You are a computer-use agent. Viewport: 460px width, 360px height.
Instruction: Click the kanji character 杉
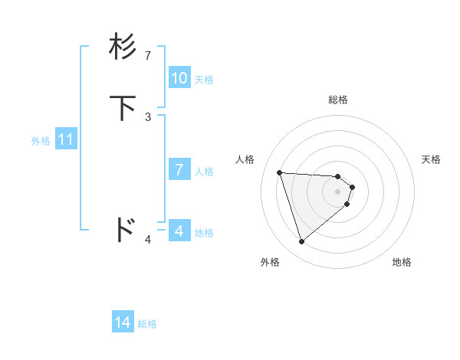pyautogui.click(x=123, y=47)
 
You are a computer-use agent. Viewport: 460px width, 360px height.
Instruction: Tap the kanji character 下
pyautogui.click(x=123, y=107)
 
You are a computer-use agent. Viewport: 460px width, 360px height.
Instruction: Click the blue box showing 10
pyautogui.click(x=179, y=78)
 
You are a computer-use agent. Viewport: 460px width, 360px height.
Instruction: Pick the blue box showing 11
pyautogui.click(x=66, y=140)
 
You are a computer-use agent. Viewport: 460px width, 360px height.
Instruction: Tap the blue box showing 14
pyautogui.click(x=123, y=323)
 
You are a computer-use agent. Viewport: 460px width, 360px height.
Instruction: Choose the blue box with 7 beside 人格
pyautogui.click(x=179, y=170)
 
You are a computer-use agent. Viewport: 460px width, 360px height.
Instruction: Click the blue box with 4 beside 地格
pyautogui.click(x=179, y=231)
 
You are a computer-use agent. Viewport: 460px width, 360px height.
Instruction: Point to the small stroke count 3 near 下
pyautogui.click(x=148, y=116)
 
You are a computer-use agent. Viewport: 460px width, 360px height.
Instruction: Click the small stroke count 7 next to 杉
pyautogui.click(x=148, y=56)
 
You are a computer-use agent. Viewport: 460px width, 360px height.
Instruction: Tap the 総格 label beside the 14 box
pyautogui.click(x=147, y=324)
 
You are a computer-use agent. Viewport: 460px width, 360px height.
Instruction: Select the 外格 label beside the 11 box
pyautogui.click(x=41, y=141)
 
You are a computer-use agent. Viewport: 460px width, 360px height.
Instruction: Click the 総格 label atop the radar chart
pyautogui.click(x=337, y=100)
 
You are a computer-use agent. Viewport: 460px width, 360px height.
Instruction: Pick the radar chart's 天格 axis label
pyautogui.click(x=431, y=159)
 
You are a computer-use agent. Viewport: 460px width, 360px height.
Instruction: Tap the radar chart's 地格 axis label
pyautogui.click(x=402, y=262)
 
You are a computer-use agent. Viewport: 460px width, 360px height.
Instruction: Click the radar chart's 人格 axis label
pyautogui.click(x=245, y=159)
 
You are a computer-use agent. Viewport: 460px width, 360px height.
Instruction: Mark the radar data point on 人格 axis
pyautogui.click(x=280, y=172)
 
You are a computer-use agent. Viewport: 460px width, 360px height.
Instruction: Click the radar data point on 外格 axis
pyautogui.click(x=301, y=242)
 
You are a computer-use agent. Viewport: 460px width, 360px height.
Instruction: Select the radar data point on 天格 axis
pyautogui.click(x=352, y=187)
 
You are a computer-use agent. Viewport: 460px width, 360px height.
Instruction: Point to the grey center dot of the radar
pyautogui.click(x=337, y=191)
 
